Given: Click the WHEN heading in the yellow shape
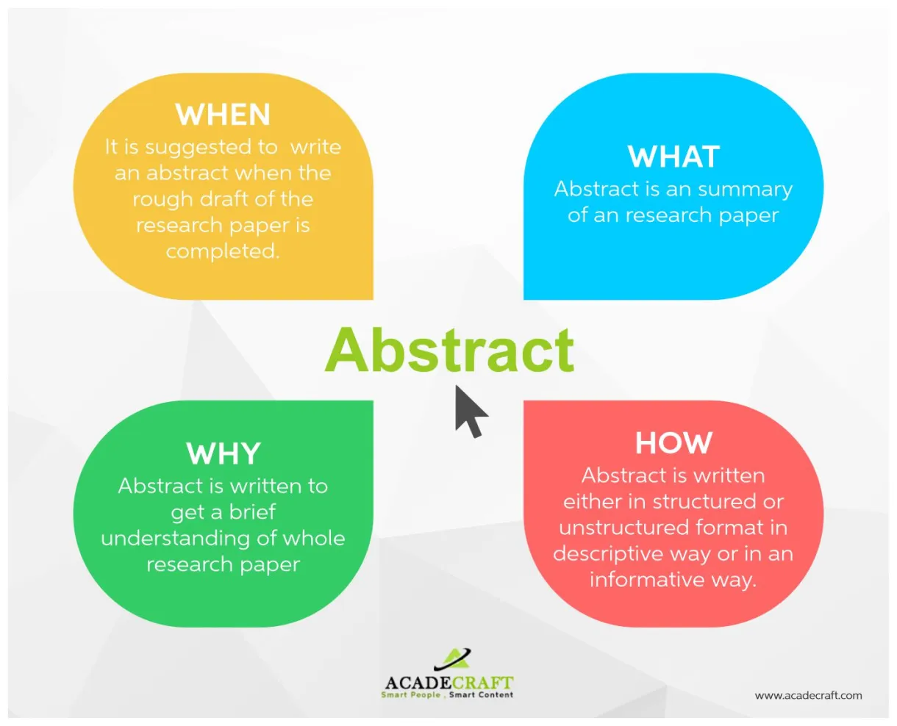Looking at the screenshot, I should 223,115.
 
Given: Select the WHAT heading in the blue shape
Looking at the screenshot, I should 673,157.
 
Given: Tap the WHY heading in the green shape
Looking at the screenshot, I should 223,454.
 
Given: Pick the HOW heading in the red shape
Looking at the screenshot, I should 673,443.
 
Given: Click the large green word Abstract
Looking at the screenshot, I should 449,350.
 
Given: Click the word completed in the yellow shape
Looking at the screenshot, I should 222,251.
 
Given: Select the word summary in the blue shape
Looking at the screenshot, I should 745,190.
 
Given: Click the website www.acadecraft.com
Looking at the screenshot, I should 808,695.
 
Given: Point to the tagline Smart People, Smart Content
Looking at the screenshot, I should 447,695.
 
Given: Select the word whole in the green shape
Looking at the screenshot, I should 313,539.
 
